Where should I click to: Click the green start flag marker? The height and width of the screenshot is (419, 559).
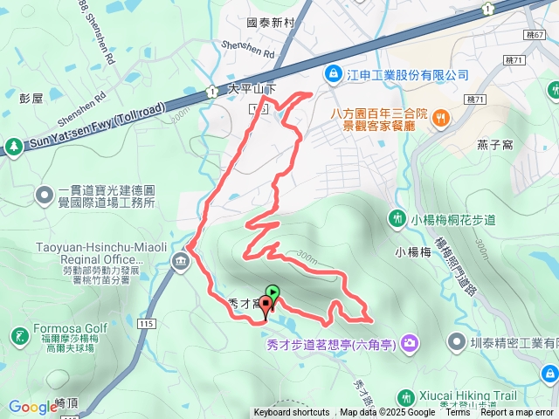click(273, 293)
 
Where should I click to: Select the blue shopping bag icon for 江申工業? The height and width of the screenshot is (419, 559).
click(333, 75)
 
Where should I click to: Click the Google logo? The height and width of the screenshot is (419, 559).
click(32, 407)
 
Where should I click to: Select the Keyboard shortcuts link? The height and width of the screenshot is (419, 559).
click(292, 413)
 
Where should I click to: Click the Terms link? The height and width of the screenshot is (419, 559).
click(458, 413)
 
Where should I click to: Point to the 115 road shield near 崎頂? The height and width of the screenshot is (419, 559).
click(145, 324)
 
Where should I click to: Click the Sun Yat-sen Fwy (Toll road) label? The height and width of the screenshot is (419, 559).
click(97, 127)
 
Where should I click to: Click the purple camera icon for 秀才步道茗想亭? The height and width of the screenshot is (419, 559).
click(409, 344)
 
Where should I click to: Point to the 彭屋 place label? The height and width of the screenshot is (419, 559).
click(31, 99)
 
